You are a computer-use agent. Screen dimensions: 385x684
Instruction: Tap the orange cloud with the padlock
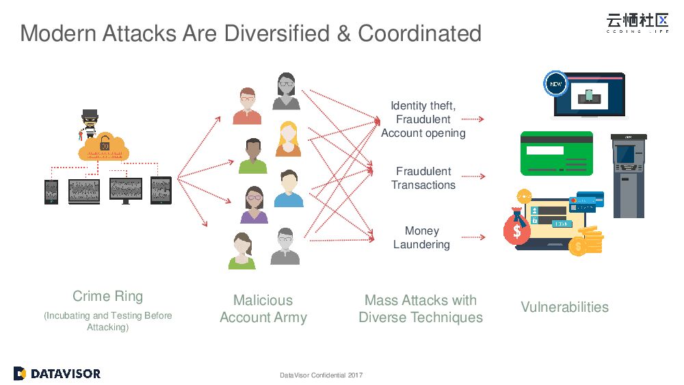pyautogui.click(x=103, y=146)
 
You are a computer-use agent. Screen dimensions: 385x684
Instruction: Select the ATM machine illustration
pyautogui.click(x=628, y=176)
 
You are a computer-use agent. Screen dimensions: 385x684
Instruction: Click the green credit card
pyautogui.click(x=556, y=153)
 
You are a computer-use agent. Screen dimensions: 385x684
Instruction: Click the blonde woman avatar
pyautogui.click(x=289, y=139)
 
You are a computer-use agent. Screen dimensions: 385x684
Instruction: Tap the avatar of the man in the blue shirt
pyautogui.click(x=289, y=189)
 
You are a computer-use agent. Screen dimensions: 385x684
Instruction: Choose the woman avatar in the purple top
pyautogui.click(x=254, y=205)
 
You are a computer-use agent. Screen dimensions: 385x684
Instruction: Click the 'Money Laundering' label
pyautogui.click(x=421, y=238)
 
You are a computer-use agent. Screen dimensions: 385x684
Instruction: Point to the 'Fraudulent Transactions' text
pyautogui.click(x=423, y=178)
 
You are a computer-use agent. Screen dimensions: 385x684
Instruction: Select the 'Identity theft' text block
pyautogui.click(x=423, y=119)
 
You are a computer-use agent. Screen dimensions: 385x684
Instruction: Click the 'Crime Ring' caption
pyautogui.click(x=108, y=296)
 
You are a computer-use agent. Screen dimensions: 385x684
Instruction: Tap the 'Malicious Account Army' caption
pyautogui.click(x=263, y=308)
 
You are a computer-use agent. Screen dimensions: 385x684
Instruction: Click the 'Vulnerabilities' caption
pyautogui.click(x=564, y=307)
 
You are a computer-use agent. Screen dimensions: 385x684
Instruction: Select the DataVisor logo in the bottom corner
pyautogui.click(x=57, y=373)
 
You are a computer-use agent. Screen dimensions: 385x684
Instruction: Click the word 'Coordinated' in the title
pyautogui.click(x=419, y=33)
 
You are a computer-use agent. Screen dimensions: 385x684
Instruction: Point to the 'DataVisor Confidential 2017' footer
pyautogui.click(x=321, y=375)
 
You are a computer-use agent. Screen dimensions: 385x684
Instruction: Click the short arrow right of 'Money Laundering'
pyautogui.click(x=473, y=237)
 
